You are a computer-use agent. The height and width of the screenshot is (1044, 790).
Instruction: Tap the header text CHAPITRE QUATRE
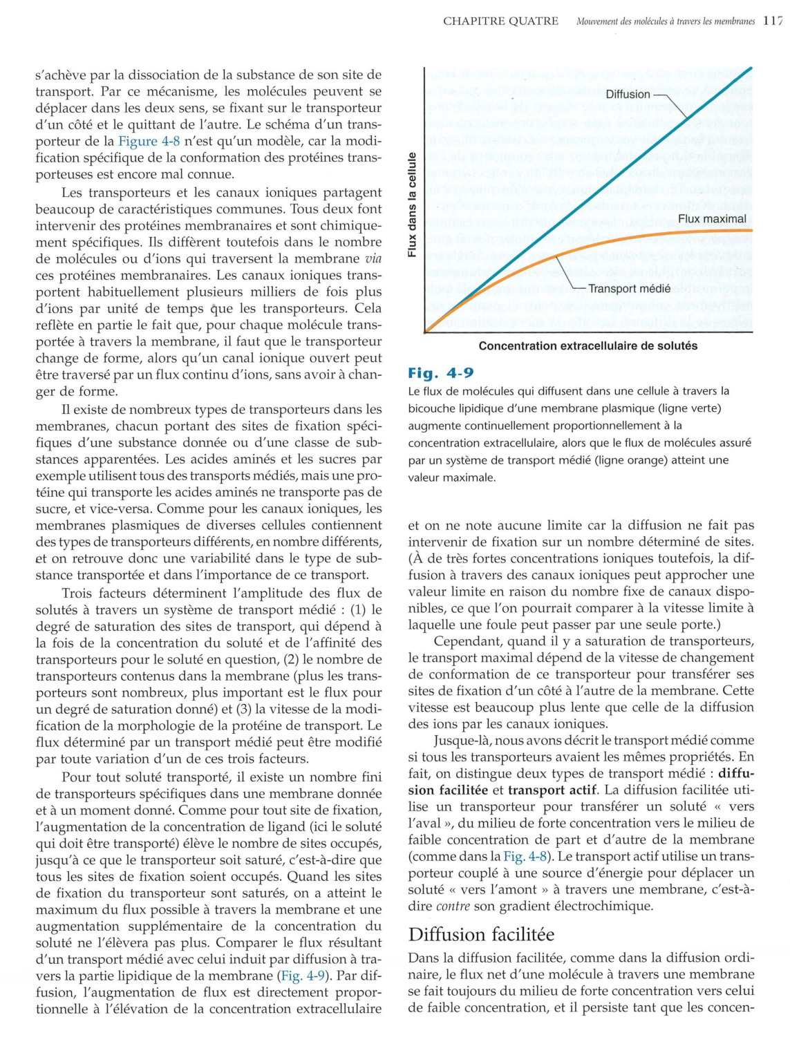[x=500, y=21]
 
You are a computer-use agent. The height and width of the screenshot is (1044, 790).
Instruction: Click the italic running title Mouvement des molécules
[x=665, y=21]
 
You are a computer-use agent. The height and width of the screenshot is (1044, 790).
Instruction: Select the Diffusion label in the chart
[x=628, y=95]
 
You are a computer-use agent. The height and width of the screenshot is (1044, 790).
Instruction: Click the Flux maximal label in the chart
[x=712, y=219]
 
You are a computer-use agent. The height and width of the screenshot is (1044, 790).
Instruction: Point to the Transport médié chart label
[x=629, y=289]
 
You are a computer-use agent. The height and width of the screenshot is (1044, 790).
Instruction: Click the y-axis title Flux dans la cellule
[x=412, y=205]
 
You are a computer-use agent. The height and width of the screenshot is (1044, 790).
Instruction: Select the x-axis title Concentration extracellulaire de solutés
[x=587, y=345]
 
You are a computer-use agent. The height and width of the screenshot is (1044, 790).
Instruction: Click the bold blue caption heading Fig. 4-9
[x=440, y=373]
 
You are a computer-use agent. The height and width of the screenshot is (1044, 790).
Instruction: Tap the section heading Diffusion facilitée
[x=481, y=935]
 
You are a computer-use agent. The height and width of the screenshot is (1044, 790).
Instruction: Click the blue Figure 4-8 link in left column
[x=148, y=141]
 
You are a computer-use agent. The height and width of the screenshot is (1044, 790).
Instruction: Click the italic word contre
[x=453, y=906]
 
